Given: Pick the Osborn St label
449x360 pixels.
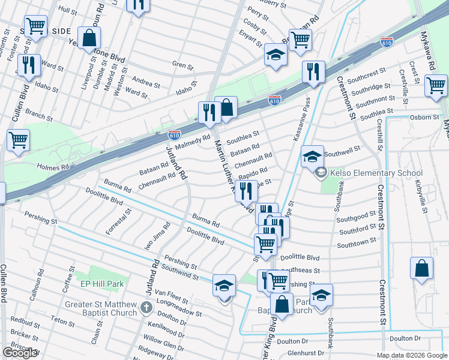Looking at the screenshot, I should pyautogui.click(x=424, y=118).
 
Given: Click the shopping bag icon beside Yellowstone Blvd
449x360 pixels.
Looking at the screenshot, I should pyautogui.click(x=89, y=38).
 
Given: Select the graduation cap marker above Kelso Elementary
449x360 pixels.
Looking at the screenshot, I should pyautogui.click(x=312, y=156).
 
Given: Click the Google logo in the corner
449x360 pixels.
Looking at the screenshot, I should pyautogui.click(x=20, y=353).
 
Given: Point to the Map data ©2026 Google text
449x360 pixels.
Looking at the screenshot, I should pyautogui.click(x=411, y=355).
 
